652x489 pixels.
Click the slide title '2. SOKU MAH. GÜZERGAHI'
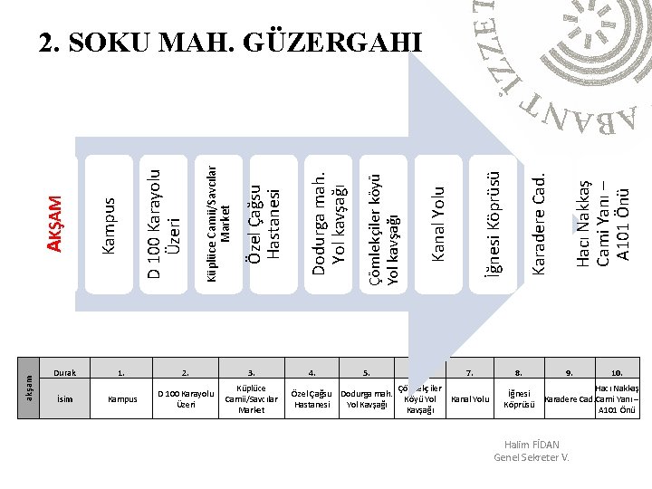point(231,42)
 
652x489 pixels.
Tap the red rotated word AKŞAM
point(55,225)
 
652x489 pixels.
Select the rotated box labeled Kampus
point(108,225)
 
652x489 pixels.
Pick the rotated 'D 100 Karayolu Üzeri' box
point(166,222)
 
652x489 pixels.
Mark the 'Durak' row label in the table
point(65,372)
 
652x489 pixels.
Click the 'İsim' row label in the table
point(65,398)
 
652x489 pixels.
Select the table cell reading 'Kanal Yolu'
point(470,398)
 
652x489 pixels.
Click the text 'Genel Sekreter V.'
point(532,456)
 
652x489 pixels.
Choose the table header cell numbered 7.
point(469,372)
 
